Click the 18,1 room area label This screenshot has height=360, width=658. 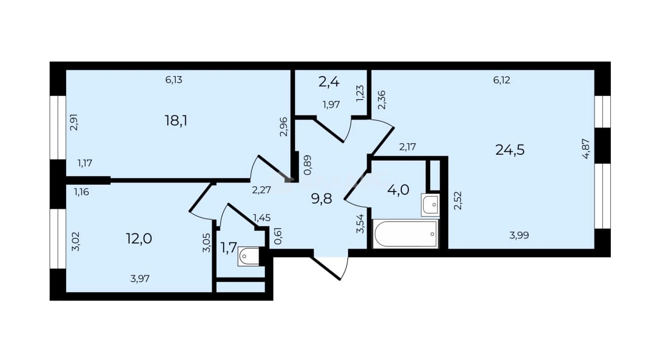coord(176,121)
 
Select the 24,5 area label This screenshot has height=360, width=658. coord(510,150)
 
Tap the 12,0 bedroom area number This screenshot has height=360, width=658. coord(139,238)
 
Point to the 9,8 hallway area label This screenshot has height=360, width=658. coord(321,199)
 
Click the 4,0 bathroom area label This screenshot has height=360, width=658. coord(398,190)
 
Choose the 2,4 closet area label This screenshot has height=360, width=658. coord(328,82)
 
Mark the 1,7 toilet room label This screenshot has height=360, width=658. coord(228,248)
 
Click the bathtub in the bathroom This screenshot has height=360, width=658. coord(406,234)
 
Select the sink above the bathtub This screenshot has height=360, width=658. coord(430,205)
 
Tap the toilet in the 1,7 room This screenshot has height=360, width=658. coord(249,257)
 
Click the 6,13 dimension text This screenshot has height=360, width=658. coord(174,80)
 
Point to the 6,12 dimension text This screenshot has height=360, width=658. coord(502,80)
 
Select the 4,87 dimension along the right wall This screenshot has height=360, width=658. coord(586,149)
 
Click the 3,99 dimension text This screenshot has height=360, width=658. coord(519,236)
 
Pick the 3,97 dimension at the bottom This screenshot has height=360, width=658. coord(140,279)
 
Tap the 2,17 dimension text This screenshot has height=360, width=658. coord(407,146)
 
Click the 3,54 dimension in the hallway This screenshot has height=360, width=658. coord(360,224)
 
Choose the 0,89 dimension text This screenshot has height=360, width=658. coord(307,165)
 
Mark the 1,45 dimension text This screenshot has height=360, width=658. coord(262,218)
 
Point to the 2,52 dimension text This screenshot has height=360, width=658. coord(458,200)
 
